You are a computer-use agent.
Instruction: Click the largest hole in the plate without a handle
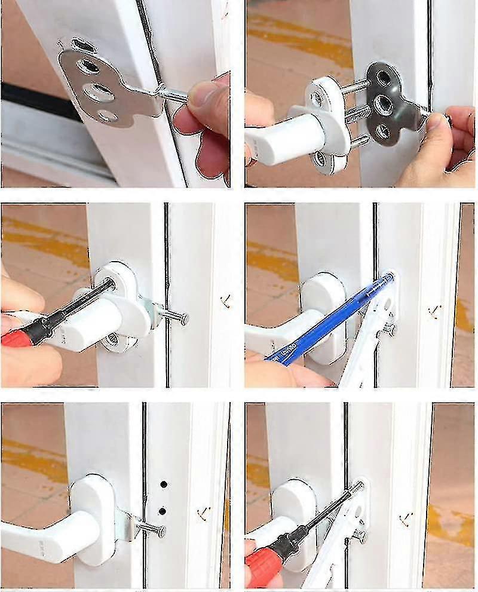pyautogui.click(x=98, y=92)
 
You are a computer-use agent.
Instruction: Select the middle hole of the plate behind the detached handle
pyautogui.click(x=382, y=106)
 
